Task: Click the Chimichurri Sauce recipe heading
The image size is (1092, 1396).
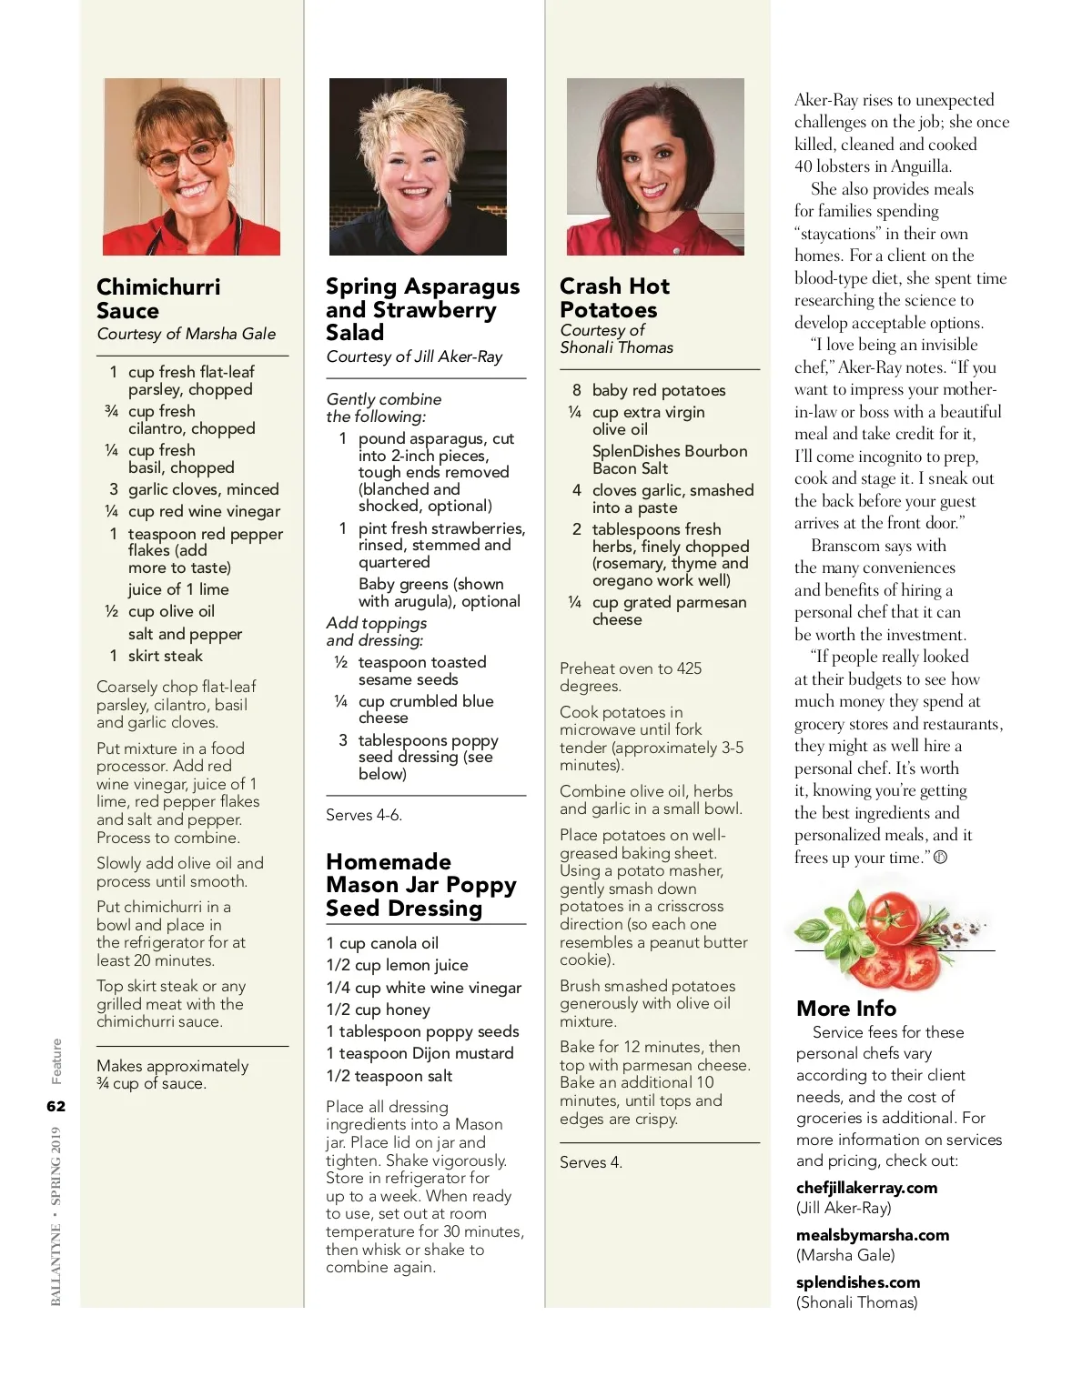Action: pyautogui.click(x=158, y=298)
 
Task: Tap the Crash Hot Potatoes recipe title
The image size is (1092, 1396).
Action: pyautogui.click(x=614, y=297)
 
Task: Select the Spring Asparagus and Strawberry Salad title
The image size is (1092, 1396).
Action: pyautogui.click(x=422, y=309)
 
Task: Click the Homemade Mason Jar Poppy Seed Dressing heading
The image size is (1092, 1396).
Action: pyautogui.click(x=420, y=885)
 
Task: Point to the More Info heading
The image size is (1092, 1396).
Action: pyautogui.click(x=846, y=1009)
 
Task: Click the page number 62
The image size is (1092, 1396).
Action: pyautogui.click(x=56, y=1106)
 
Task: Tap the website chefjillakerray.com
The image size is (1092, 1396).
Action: pyautogui.click(x=866, y=1188)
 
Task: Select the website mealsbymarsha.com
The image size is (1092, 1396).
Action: pyautogui.click(x=872, y=1235)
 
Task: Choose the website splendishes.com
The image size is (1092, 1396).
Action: pyautogui.click(x=857, y=1282)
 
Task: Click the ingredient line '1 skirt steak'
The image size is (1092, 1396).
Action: pyautogui.click(x=156, y=656)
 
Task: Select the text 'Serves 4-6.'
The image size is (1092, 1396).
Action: pyautogui.click(x=364, y=815)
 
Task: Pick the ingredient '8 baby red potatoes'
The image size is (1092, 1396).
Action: pyautogui.click(x=649, y=390)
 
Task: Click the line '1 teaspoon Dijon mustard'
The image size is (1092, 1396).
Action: pyautogui.click(x=420, y=1053)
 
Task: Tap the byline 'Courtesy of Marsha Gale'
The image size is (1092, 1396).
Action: pyautogui.click(x=187, y=334)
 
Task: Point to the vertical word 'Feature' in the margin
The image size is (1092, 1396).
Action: pyautogui.click(x=56, y=1061)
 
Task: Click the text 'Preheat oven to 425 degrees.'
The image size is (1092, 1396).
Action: pyautogui.click(x=631, y=677)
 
